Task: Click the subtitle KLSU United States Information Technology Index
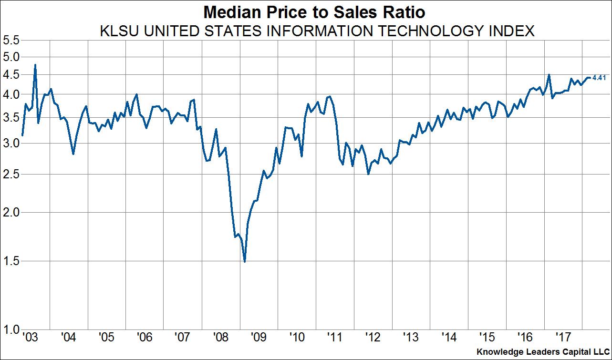[x=316, y=31]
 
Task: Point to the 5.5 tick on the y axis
[x=11, y=41]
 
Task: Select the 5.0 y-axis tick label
[x=11, y=57]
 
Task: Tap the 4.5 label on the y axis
[x=11, y=74]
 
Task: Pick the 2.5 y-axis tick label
[x=11, y=174]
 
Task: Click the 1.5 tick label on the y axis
[x=11, y=261]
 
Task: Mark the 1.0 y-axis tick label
[x=11, y=329]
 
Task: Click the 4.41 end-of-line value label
[x=599, y=78]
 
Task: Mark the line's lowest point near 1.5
[x=245, y=261]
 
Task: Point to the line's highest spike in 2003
[x=35, y=65]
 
